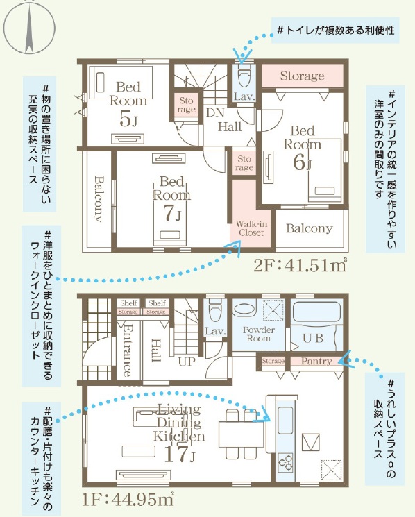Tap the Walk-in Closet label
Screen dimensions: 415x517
point(251,228)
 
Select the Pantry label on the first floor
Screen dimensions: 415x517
point(316,362)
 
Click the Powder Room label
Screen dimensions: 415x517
point(259,334)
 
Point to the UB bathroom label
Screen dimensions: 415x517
point(313,338)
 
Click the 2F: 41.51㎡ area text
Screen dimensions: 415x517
point(300,265)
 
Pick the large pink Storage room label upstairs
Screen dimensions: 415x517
point(303,76)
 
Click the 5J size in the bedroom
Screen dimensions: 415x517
point(128,119)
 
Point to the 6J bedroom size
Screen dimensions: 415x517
point(302,162)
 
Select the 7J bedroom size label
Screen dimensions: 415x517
point(172,214)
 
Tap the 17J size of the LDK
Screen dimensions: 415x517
point(179,454)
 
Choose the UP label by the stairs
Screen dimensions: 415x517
point(187,362)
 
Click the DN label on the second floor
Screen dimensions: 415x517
point(215,112)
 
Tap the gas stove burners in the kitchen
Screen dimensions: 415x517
point(285,461)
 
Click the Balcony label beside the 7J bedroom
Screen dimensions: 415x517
point(99,199)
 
